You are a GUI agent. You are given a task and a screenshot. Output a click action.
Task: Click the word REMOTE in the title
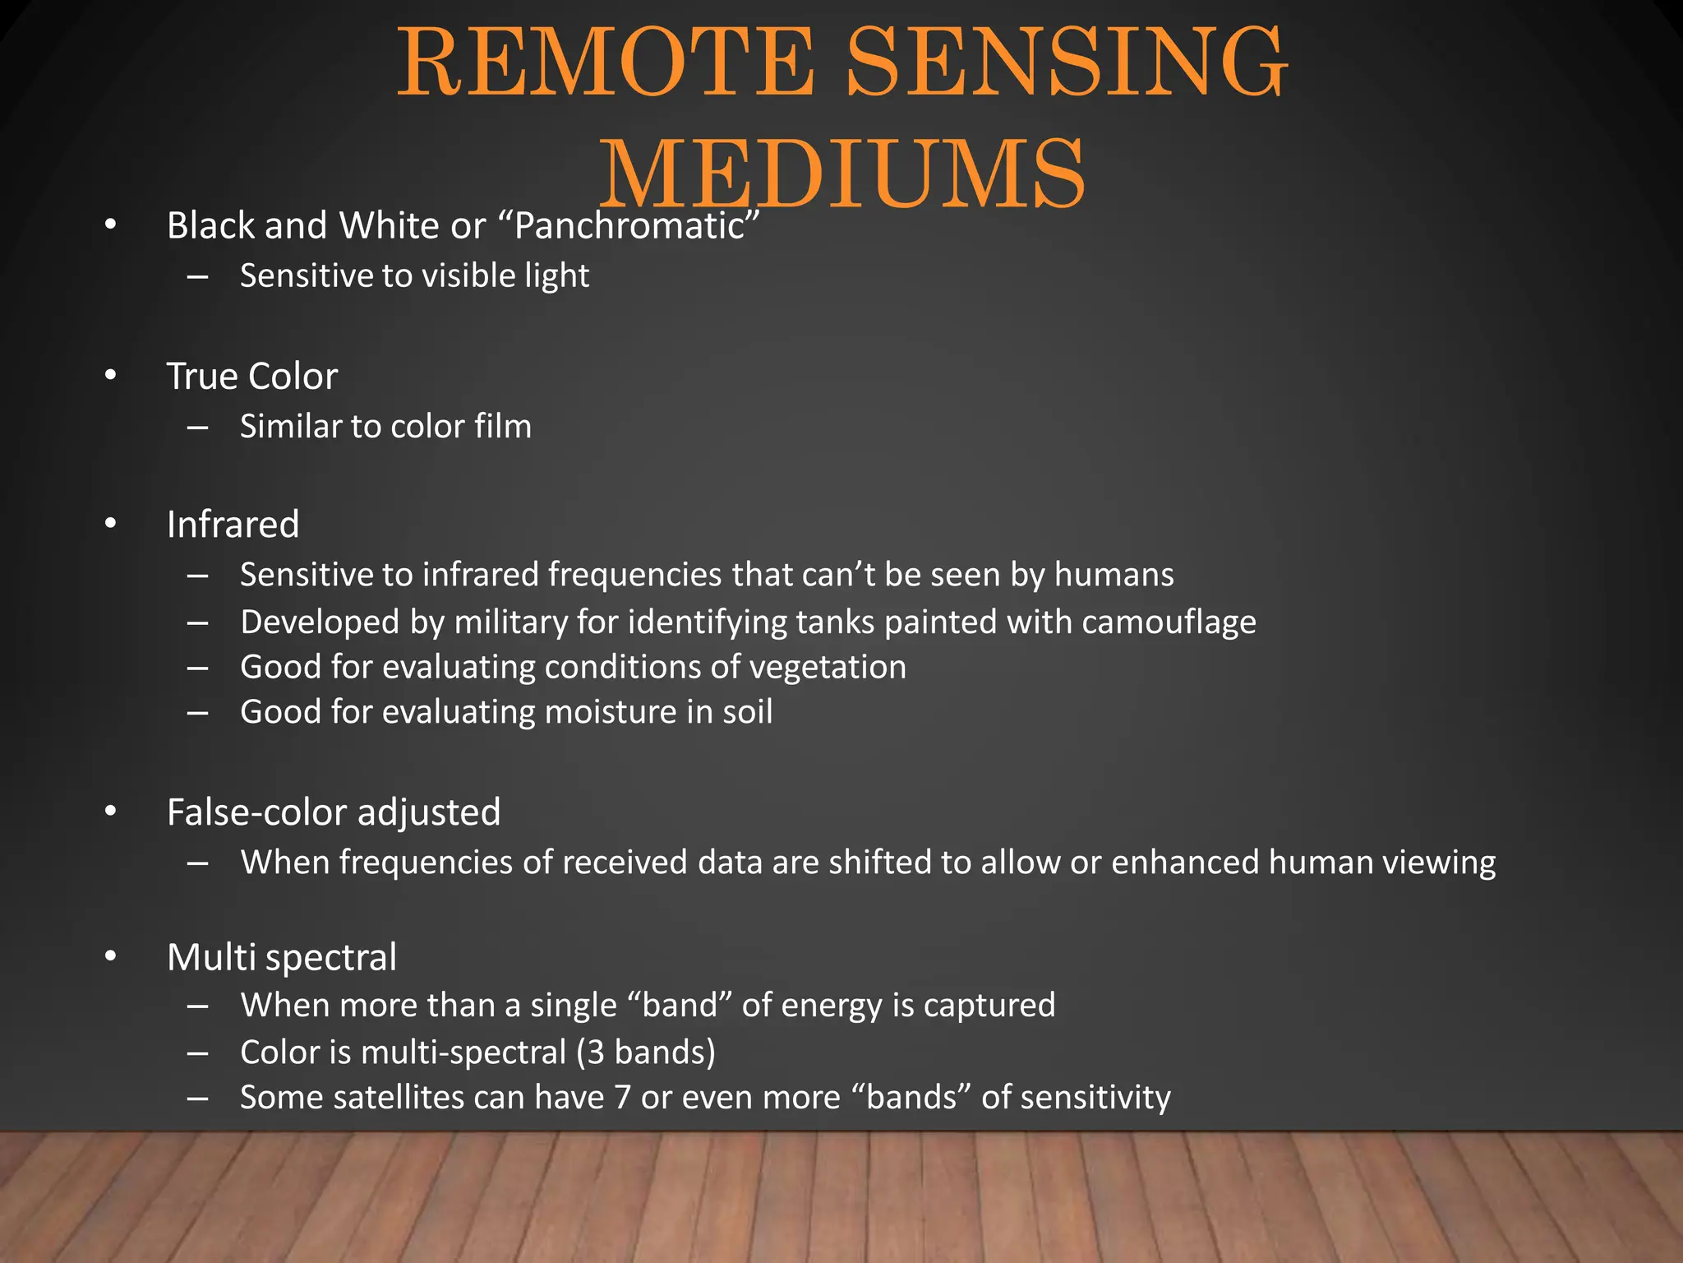coord(606,63)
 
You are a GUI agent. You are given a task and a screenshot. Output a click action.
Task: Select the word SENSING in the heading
coord(1066,63)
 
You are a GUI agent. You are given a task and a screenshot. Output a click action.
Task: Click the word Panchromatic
coord(629,225)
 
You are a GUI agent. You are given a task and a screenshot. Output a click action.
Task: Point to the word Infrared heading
coord(233,524)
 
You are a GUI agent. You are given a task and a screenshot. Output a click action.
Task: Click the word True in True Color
coord(202,376)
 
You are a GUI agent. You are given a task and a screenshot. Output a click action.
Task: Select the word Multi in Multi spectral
coord(210,956)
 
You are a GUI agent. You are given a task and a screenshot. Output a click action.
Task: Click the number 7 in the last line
coord(622,1097)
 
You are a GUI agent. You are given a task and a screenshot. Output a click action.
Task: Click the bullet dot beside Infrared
coord(111,525)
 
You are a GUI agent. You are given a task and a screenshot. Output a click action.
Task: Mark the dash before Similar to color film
coord(197,427)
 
